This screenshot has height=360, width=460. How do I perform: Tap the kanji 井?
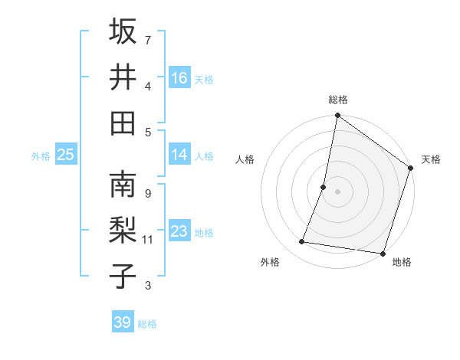pyautogui.click(x=123, y=77)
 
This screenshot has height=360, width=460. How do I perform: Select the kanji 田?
pyautogui.click(x=123, y=123)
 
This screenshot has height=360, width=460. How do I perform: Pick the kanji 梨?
pyautogui.click(x=123, y=231)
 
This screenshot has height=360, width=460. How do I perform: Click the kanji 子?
pyautogui.click(x=123, y=277)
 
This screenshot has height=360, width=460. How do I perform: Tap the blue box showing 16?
pyautogui.click(x=179, y=77)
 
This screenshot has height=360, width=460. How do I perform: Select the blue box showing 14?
pyautogui.click(x=179, y=155)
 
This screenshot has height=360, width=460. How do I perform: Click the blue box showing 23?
pyautogui.click(x=179, y=232)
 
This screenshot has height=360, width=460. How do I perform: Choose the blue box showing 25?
pyautogui.click(x=66, y=155)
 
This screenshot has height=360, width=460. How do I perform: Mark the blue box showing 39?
pyautogui.click(x=123, y=322)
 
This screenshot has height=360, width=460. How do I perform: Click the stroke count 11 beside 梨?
pyautogui.click(x=148, y=240)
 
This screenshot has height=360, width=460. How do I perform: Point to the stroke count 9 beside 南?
pyautogui.click(x=147, y=193)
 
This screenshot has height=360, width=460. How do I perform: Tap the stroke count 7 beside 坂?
pyautogui.click(x=147, y=39)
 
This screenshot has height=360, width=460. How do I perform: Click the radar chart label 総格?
pyautogui.click(x=338, y=100)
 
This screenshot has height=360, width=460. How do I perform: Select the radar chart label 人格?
pyautogui.click(x=245, y=159)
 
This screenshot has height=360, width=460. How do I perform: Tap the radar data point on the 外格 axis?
pyautogui.click(x=302, y=242)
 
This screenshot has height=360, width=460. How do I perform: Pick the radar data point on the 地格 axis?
pyautogui.click(x=383, y=253)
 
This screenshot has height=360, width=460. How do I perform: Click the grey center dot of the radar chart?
pyautogui.click(x=338, y=191)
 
